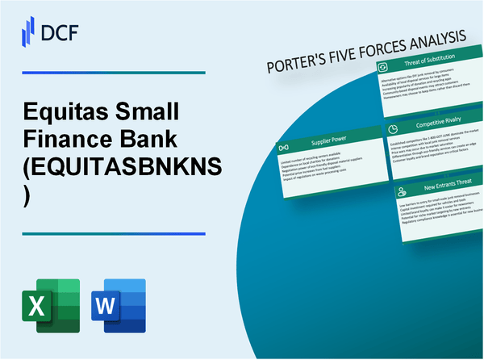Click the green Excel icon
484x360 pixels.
[53, 304]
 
